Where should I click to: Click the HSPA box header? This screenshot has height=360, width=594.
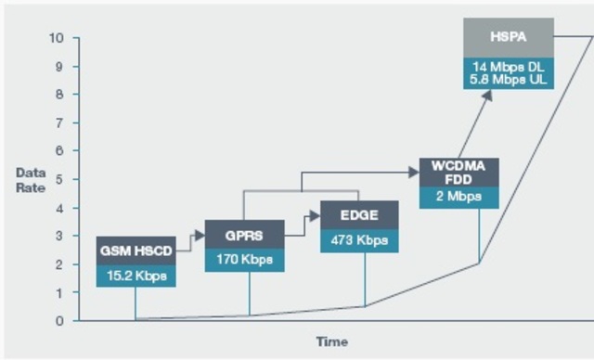pos(508,37)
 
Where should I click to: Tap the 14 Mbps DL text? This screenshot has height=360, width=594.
pos(508,67)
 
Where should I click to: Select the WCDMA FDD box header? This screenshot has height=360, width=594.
pos(458,173)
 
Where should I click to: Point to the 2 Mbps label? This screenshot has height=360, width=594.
pos(458,197)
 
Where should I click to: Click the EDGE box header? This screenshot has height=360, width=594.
pos(359,215)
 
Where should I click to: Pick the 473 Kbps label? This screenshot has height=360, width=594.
pos(359,240)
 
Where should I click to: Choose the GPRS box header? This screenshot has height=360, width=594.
pos(244,235)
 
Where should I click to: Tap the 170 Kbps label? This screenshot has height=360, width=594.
pos(244,260)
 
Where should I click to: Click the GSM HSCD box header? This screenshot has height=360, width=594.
pos(136,251)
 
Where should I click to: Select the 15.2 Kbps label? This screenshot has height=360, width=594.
pos(136,276)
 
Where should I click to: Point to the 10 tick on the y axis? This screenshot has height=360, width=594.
pos(57,38)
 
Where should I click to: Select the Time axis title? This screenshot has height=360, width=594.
pos(331,341)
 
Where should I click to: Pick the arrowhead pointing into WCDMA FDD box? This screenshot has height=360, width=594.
pos(414,172)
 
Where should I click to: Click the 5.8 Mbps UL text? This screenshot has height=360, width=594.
pos(508,80)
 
